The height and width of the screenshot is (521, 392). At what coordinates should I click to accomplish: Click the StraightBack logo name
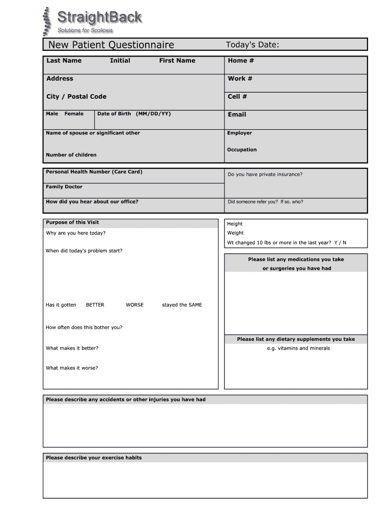(x=99, y=18)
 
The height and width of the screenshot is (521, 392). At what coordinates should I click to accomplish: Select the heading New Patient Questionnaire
(x=111, y=45)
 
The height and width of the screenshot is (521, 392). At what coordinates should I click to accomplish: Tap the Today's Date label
(x=253, y=45)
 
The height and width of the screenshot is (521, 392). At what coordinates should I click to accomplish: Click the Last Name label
(x=64, y=61)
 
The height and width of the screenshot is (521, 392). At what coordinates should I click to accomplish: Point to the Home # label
(x=241, y=61)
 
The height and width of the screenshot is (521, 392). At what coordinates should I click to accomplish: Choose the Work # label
(x=240, y=78)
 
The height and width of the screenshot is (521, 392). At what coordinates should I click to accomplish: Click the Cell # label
(x=237, y=97)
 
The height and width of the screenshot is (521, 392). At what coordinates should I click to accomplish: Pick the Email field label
(x=237, y=114)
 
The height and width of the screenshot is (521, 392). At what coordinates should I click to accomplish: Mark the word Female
(x=74, y=114)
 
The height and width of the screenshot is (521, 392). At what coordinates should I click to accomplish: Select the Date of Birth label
(x=134, y=114)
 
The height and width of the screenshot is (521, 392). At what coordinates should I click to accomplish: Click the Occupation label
(x=242, y=150)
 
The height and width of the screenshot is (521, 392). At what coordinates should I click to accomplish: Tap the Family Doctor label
(x=64, y=187)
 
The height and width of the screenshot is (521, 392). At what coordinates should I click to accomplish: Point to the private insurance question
(x=265, y=175)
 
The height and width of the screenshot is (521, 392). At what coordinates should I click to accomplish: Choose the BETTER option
(x=95, y=305)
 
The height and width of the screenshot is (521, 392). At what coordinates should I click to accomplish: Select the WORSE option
(x=135, y=305)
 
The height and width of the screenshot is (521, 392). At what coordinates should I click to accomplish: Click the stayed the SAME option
(x=182, y=305)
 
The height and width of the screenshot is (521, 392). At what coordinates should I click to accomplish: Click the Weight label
(x=235, y=233)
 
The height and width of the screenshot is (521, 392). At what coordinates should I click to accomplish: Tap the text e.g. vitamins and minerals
(x=298, y=349)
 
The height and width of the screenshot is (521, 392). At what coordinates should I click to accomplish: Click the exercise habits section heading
(x=94, y=458)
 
